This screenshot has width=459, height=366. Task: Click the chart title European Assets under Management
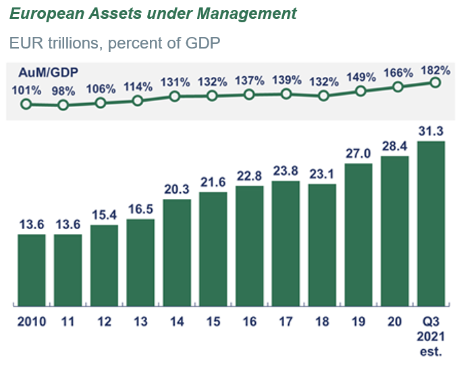pos(153,13)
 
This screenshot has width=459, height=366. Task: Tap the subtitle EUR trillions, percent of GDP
pos(115,42)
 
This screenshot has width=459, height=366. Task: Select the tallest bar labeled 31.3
pos(431,222)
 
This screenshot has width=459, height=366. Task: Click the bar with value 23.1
pos(322,244)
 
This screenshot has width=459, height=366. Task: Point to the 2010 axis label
pos(31,322)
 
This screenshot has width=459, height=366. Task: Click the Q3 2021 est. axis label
pos(431,336)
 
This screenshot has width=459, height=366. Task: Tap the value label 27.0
pos(358,152)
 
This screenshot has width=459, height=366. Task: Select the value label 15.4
pos(104,214)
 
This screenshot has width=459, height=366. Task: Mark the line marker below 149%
pos(360,91)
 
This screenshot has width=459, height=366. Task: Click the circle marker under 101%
pos(26,104)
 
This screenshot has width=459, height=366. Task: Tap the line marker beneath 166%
pos(398,86)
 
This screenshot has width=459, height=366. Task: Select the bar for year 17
pos(286,243)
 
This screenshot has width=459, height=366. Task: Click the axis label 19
pos(358,322)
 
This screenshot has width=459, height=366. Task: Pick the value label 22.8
pos(249,175)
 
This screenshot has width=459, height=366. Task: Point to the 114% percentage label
pos(138,87)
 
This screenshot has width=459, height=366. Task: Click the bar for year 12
pos(104,265)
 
